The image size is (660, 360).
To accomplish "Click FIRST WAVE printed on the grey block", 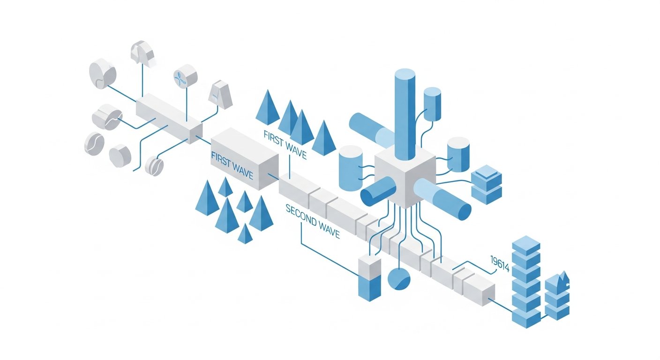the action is click(x=232, y=165).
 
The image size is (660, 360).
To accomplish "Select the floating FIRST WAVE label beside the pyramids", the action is click(x=285, y=145).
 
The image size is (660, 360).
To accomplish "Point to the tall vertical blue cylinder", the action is click(x=405, y=115).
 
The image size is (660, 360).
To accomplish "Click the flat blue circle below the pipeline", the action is click(x=399, y=279).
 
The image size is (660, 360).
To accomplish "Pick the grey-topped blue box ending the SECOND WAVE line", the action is click(x=369, y=278).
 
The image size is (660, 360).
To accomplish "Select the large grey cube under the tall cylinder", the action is click(x=405, y=176).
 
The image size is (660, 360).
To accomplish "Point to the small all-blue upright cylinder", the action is click(x=432, y=104).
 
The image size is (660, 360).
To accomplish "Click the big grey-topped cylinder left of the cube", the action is click(x=351, y=168).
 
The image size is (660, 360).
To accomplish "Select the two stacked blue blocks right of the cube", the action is click(x=487, y=185).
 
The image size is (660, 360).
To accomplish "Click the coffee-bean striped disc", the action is click(x=154, y=166).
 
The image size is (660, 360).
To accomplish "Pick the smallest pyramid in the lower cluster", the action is click(x=245, y=233).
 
